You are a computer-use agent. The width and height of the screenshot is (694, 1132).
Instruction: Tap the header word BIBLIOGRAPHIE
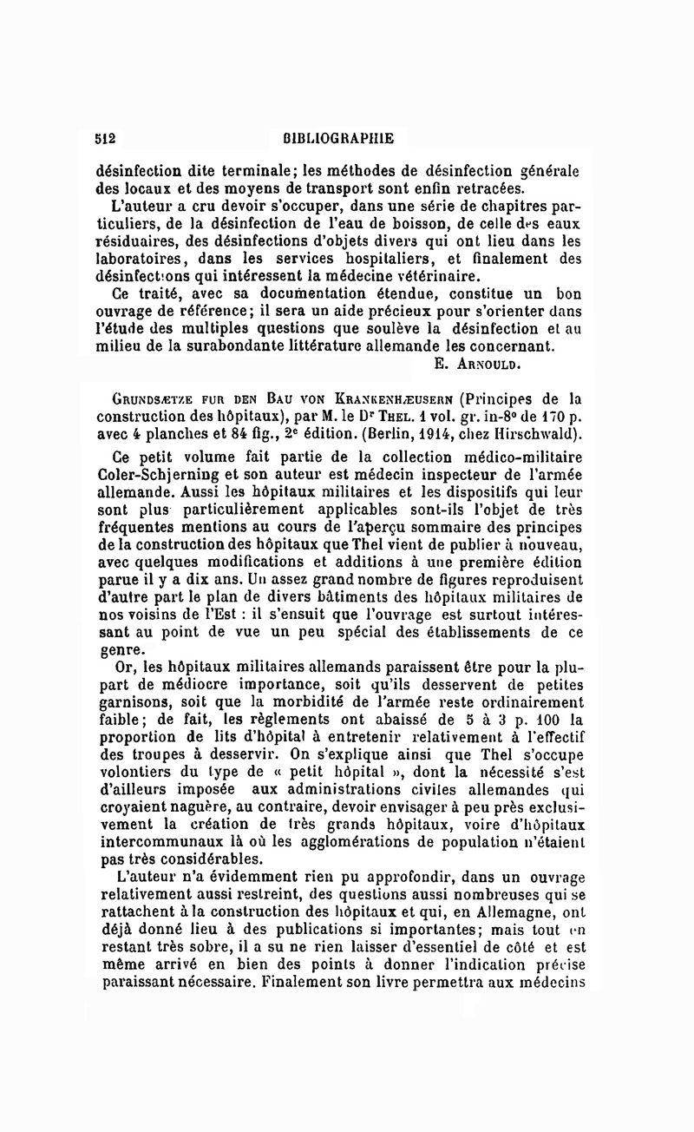tap(338, 138)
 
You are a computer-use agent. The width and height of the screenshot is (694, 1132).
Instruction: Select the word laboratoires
tap(141, 258)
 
